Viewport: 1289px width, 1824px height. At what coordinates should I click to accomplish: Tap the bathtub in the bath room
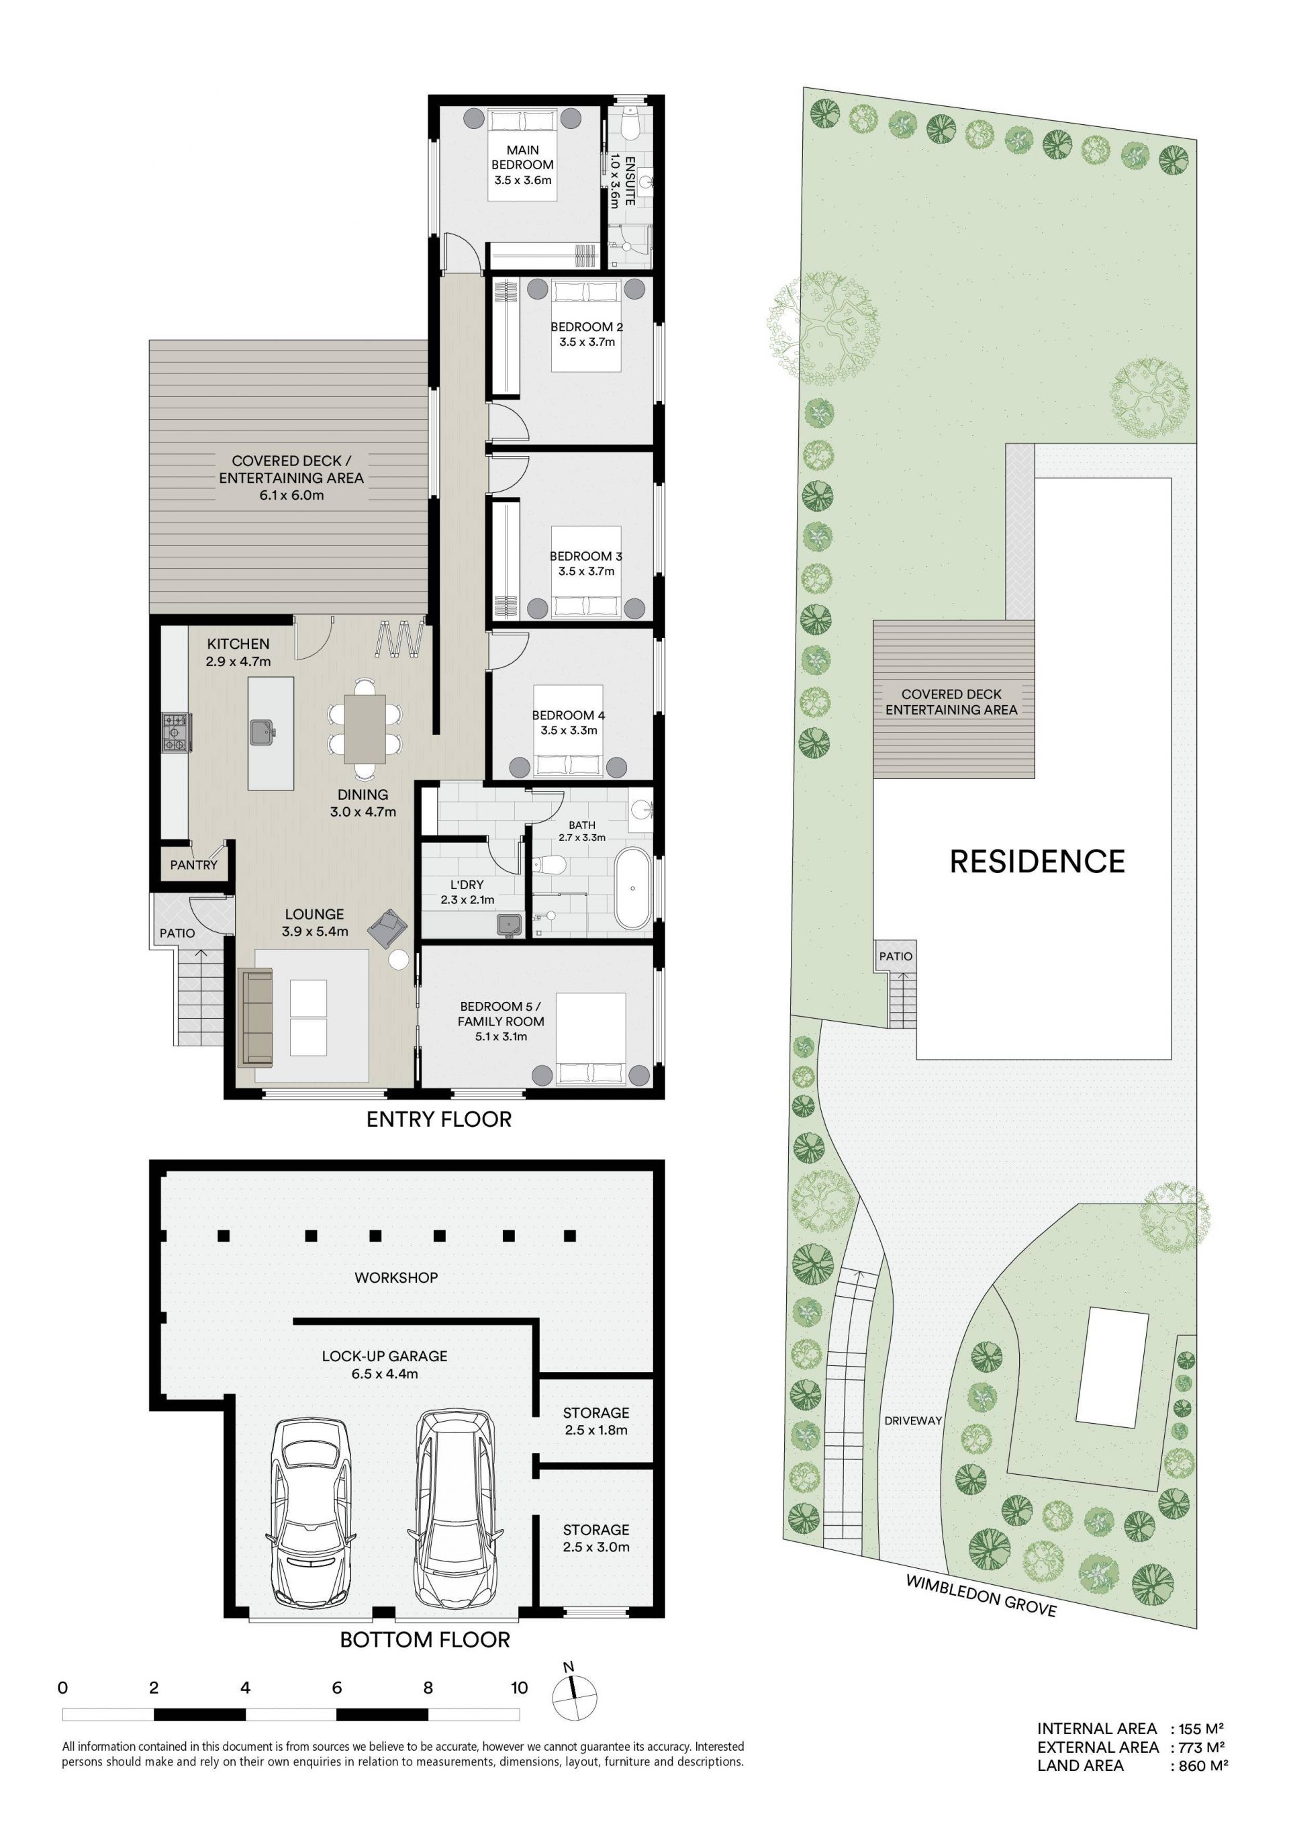pos(633,888)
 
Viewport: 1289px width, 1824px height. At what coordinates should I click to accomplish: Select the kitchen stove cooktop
pos(175,731)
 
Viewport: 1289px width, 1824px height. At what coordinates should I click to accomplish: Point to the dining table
pos(365,729)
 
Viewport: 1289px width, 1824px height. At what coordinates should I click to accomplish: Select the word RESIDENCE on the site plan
pos(1037,862)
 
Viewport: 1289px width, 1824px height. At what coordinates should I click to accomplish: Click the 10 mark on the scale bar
pos(520,1688)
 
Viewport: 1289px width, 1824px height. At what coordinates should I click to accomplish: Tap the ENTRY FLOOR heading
pos(438,1120)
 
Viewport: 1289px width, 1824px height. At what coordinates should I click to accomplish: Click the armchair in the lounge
pos(387,926)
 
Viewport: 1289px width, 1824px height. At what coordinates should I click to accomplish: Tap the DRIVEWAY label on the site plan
pos(912,1420)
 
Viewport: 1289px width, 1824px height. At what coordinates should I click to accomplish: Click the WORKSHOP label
pos(395,1277)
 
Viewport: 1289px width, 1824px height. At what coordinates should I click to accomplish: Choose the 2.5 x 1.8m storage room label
pos(595,1421)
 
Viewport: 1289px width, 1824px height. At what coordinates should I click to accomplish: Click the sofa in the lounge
pos(255,1017)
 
